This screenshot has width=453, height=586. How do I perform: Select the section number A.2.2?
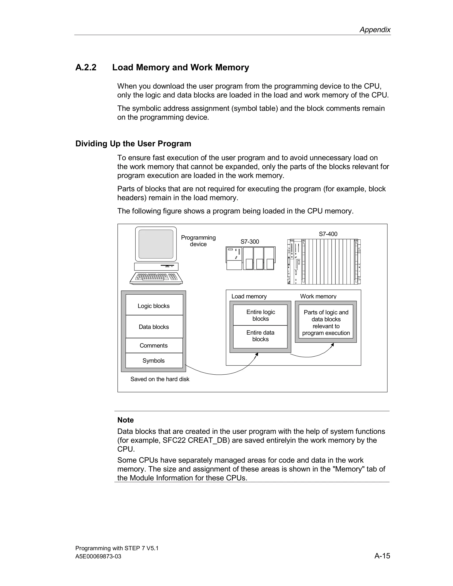[86, 67]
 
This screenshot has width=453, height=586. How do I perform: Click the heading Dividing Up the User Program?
[133, 144]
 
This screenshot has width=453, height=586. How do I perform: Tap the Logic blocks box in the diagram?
[154, 306]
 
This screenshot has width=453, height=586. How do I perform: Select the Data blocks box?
[154, 327]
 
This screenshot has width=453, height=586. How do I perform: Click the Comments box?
[154, 345]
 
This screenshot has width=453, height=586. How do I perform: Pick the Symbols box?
[154, 360]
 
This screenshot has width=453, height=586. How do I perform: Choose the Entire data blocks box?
[260, 336]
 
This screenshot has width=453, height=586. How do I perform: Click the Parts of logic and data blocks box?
[326, 322]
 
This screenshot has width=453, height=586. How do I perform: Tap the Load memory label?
[249, 296]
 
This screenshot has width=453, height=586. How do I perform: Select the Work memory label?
[318, 296]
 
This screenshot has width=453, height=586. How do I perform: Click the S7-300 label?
[250, 241]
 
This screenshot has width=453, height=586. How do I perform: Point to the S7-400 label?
[328, 234]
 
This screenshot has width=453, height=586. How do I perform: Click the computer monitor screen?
[156, 244]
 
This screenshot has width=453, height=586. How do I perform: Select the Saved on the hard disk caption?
[160, 379]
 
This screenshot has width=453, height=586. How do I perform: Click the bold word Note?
[125, 420]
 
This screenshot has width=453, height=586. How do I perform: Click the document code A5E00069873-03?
[98, 557]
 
